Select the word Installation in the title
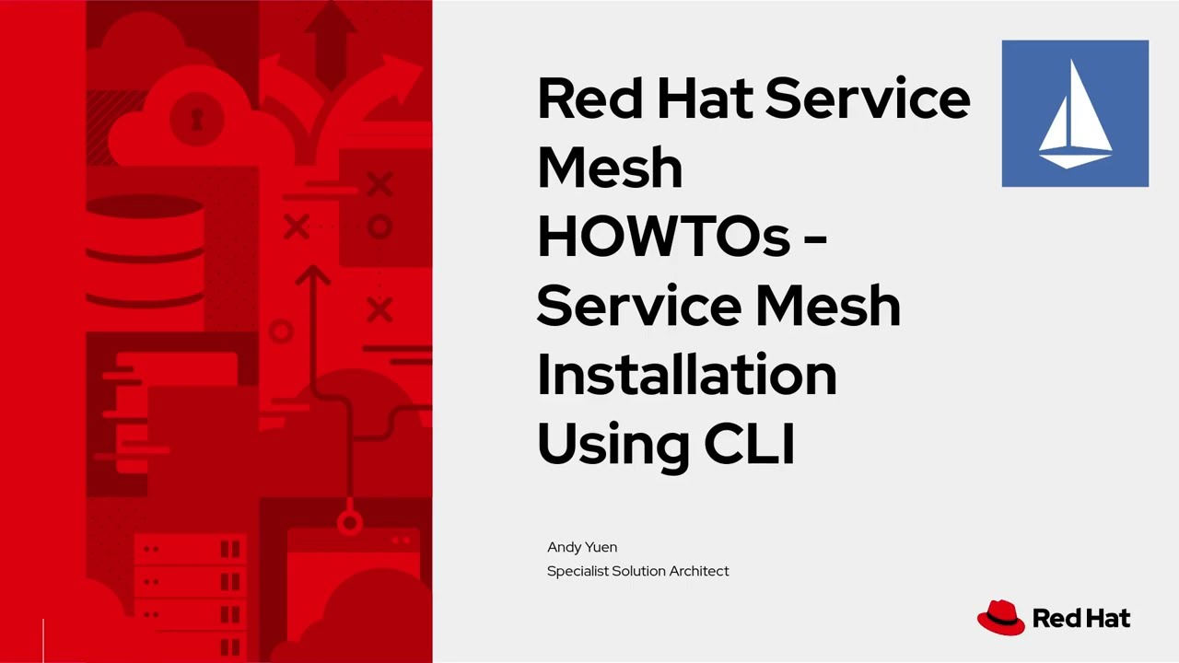click(686, 375)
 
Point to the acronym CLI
click(749, 444)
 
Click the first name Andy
click(563, 547)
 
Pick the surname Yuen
click(601, 547)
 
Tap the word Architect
click(699, 571)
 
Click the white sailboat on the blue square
click(1075, 114)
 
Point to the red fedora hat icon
click(1000, 617)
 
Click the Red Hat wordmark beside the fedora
click(1081, 618)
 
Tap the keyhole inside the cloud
click(197, 118)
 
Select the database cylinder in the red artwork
click(145, 244)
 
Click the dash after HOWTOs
click(815, 237)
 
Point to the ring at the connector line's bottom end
click(349, 524)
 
